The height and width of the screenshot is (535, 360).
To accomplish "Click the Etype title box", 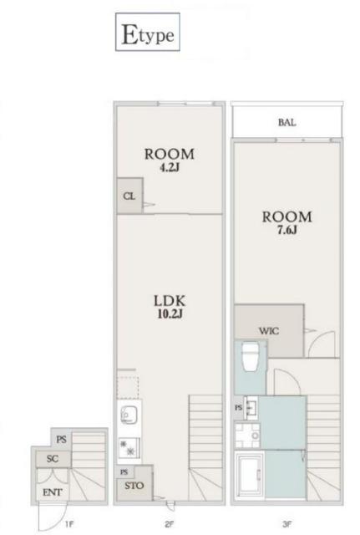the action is pos(148,32).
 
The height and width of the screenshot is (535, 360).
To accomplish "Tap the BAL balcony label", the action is pos(286,123).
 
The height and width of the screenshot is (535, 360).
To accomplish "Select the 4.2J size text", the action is pos(170,168).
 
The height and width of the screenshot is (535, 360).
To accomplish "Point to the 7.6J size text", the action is pos(286,231).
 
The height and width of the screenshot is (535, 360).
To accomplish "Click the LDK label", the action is pos(170,301).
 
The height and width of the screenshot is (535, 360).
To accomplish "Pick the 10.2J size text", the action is pos(170,314).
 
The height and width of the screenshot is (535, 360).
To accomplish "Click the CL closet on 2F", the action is pos(129,196).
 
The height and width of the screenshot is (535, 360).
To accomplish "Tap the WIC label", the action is pos(269,331).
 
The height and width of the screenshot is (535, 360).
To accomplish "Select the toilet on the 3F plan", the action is pos(250,357).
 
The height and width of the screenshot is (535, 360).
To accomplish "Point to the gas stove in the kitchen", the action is pos(129,447).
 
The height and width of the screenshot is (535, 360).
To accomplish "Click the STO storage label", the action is pos(134,486).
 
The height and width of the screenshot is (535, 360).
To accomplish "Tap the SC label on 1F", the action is pos(53,459).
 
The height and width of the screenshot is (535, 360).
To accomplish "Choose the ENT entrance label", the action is pos(53,492).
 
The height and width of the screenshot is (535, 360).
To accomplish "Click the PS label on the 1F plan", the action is pos(61,440).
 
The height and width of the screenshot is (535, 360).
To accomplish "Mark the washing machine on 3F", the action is pos(247,436).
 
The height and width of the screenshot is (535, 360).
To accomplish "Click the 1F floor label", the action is pos(68,524).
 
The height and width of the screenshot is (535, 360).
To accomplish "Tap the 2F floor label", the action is pos(170,524).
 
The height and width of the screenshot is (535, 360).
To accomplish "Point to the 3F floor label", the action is pos(287,524).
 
